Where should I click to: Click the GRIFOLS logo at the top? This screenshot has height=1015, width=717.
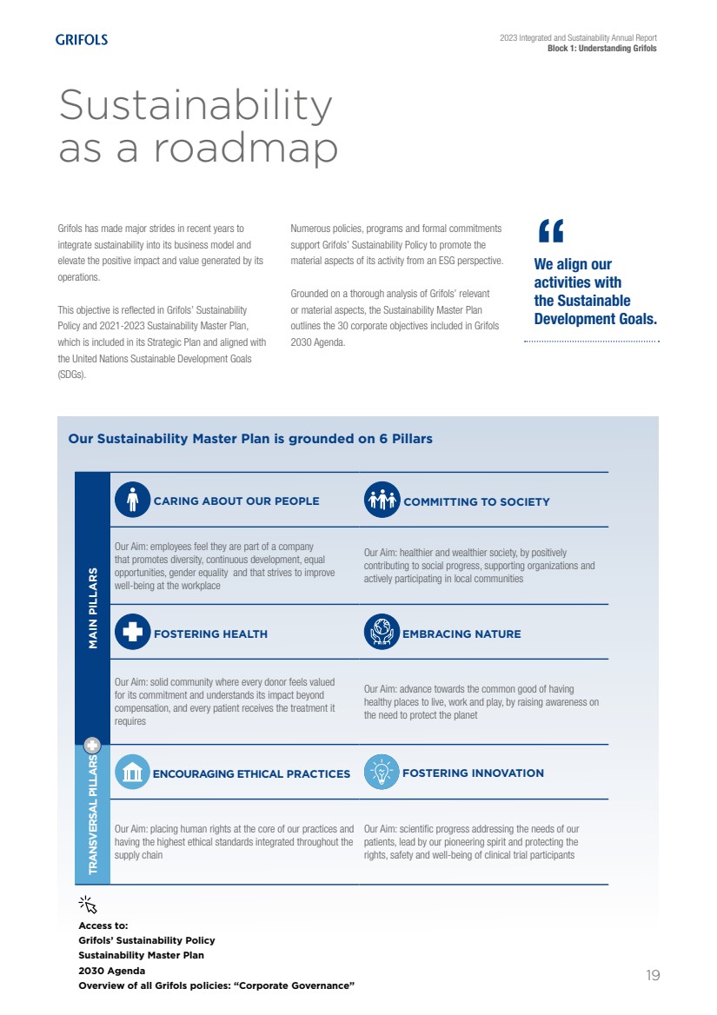pos(82,39)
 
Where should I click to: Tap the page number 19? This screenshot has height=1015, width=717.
pos(653,975)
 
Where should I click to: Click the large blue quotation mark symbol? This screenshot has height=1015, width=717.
pos(551,231)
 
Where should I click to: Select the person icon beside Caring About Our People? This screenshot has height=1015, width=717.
pos(132,500)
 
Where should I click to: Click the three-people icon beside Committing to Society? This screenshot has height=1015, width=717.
pos(382,500)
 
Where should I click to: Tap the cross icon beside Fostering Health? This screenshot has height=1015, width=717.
pos(132,633)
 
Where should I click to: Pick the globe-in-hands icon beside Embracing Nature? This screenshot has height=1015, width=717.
pos(382,633)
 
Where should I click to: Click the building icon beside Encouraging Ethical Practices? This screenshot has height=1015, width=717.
pos(132,772)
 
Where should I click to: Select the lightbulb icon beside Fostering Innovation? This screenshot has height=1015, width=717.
pos(382,772)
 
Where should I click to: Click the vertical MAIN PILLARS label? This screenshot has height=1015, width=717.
pos(92,608)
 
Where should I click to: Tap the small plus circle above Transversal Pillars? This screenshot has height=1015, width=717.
pos(92,745)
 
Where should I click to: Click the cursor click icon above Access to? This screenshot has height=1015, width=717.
pos(88,905)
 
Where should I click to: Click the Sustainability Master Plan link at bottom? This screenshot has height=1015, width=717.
pos(141,955)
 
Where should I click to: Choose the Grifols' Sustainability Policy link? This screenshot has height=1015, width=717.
pos(146,940)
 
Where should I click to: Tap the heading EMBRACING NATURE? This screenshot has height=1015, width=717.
pos(461,634)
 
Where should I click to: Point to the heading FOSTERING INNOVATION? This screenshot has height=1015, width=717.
pos(473,773)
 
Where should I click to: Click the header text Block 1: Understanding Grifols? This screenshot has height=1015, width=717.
pos(601,49)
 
